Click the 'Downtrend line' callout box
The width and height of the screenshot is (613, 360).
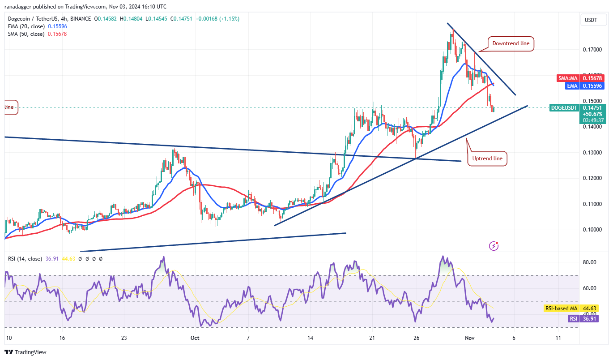click(x=511, y=43)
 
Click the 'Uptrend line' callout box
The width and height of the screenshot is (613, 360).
click(x=487, y=158)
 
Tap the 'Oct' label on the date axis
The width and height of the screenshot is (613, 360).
click(x=195, y=338)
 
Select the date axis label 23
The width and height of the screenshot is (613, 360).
click(x=124, y=338)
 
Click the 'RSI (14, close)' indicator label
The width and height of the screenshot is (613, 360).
click(x=25, y=258)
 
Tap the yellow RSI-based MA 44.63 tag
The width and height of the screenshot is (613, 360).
click(x=571, y=309)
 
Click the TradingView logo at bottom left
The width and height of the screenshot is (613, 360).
click(x=26, y=352)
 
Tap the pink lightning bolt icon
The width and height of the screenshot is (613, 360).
click(x=494, y=245)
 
